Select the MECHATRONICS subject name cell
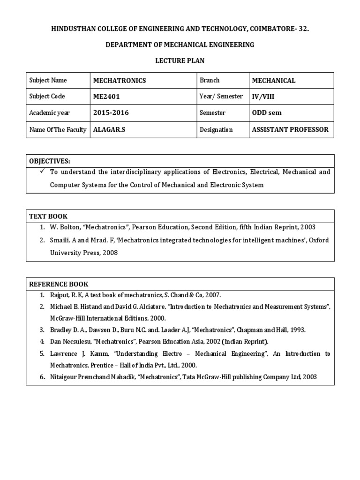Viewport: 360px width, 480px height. click(x=120, y=81)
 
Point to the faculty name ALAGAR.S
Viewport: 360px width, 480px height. click(x=109, y=129)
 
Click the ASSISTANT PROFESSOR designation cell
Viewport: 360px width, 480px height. click(x=290, y=129)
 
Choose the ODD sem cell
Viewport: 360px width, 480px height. click(x=267, y=113)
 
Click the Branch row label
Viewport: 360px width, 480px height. click(x=210, y=80)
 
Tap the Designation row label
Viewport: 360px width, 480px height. click(x=216, y=129)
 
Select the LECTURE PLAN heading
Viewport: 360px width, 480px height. click(x=180, y=61)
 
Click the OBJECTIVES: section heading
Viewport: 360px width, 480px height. click(x=50, y=161)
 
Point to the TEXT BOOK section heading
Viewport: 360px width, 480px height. click(x=48, y=216)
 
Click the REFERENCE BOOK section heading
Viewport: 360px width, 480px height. click(x=59, y=284)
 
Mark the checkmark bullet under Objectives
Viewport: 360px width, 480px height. click(x=42, y=172)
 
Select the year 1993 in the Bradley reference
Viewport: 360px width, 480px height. click(x=297, y=330)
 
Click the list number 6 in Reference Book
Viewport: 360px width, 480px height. click(x=42, y=376)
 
